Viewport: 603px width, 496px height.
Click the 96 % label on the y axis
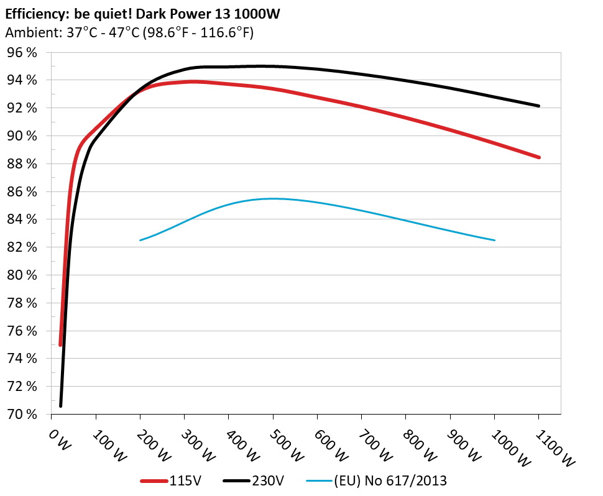pyautogui.click(x=22, y=53)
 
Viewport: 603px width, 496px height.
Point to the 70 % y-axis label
pyautogui.click(x=22, y=414)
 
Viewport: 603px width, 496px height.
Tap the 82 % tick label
pyautogui.click(x=22, y=247)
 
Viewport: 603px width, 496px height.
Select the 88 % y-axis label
pyautogui.click(x=22, y=164)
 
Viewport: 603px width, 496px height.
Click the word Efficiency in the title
pyautogui.click(x=30, y=12)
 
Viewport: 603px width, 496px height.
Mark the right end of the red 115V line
pyautogui.click(x=539, y=157)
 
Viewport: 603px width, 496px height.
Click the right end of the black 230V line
pyautogui.click(x=539, y=106)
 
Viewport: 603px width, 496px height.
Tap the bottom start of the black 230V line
pyautogui.click(x=60, y=406)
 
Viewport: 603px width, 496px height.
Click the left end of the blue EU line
pyautogui.click(x=140, y=240)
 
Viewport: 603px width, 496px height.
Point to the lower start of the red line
pyautogui.click(x=60, y=344)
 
